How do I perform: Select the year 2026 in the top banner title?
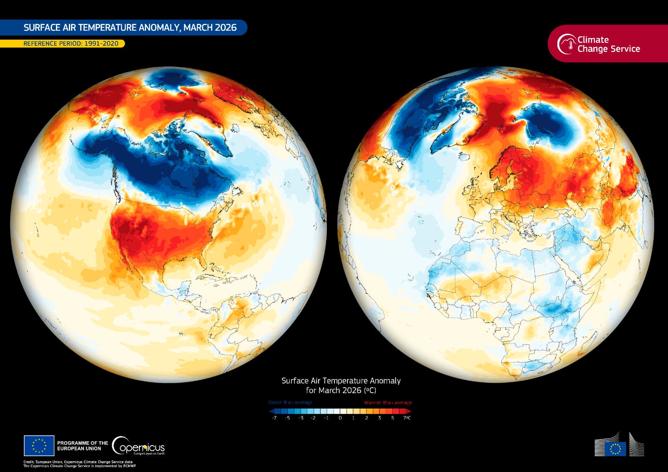225,28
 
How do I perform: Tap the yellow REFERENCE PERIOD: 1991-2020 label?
71,43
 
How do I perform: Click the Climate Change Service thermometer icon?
566,44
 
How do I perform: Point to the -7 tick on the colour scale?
274,418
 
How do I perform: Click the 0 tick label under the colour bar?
340,418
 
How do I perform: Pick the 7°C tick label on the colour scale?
407,418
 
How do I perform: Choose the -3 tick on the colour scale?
301,418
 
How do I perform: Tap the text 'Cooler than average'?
290,402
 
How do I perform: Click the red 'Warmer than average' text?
388,402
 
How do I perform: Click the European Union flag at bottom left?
39,445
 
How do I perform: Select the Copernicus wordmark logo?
139,447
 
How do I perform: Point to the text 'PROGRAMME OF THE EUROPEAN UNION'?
82,446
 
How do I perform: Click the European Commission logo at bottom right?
619,446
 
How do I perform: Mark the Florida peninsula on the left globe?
203,262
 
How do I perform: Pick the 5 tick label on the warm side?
392,418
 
